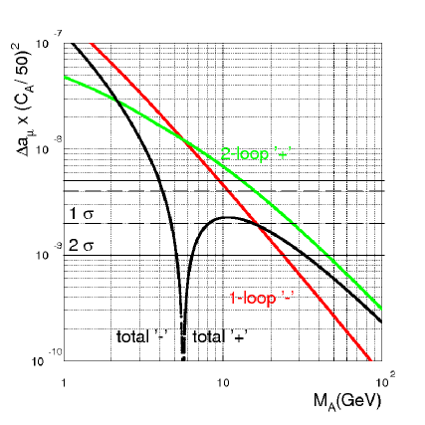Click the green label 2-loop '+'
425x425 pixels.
point(257,154)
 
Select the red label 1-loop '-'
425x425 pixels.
point(256,297)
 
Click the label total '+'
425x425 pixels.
point(219,336)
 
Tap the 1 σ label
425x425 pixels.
point(81,214)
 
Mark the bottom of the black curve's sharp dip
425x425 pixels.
point(183,356)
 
